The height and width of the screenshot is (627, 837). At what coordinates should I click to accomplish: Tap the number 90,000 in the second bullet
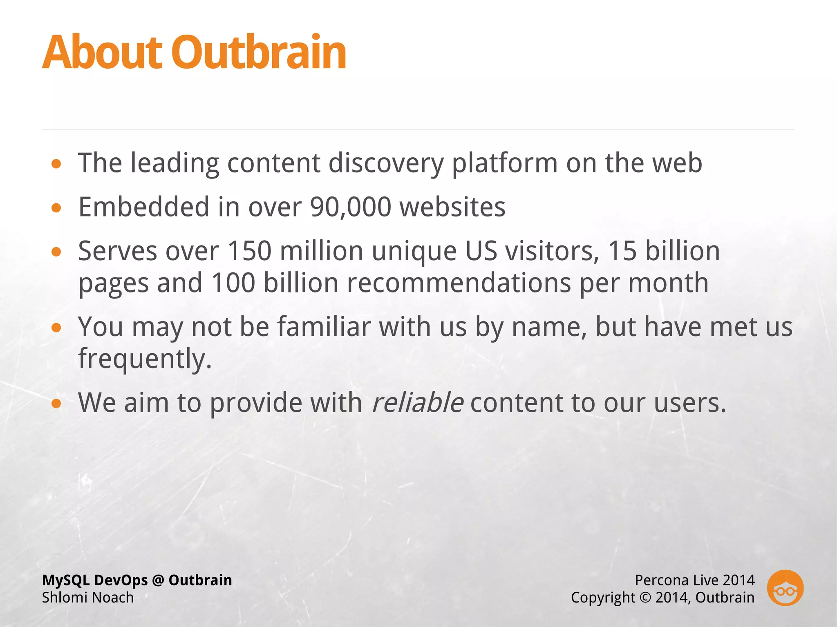351,207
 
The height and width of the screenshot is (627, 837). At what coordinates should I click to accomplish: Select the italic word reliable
418,403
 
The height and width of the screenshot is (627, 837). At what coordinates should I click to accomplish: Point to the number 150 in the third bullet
249,251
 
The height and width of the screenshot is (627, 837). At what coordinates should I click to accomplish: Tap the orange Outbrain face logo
785,588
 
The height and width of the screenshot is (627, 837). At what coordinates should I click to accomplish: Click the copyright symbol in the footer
645,598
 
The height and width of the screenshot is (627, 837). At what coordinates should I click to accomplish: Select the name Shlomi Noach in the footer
88,598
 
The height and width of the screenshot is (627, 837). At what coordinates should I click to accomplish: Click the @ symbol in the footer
158,580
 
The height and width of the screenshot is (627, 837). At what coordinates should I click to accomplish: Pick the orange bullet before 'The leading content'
56,164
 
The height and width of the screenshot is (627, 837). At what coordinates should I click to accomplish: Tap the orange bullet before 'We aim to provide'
56,404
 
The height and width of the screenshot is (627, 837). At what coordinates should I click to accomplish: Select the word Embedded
144,207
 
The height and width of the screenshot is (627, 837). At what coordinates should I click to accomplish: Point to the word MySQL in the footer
66,580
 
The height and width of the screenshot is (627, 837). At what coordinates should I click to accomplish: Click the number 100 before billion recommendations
233,283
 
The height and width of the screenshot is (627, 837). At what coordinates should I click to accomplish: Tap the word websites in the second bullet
452,207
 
